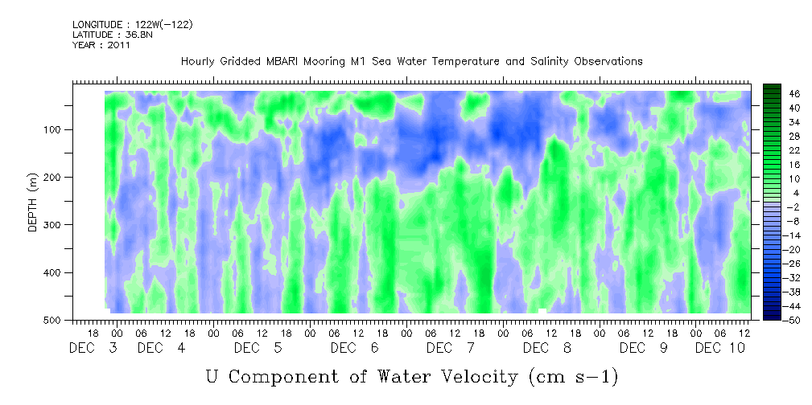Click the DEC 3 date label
93,348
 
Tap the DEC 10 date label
720,348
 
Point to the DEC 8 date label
547,348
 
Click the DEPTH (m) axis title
33,205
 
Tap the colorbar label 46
772,94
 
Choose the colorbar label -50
772,320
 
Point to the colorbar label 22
772,151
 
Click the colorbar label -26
772,264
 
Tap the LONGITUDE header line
133,24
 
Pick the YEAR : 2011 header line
101,45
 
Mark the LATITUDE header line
111,35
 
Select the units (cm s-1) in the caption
572,375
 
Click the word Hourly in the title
198,61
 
